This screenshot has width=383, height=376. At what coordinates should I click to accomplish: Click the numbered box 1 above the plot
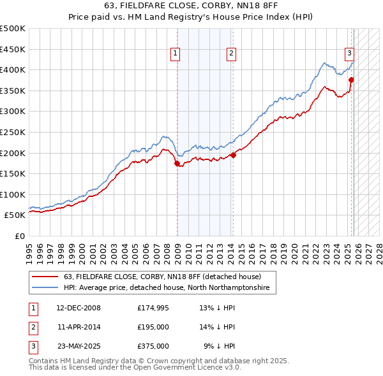pyautogui.click(x=174, y=54)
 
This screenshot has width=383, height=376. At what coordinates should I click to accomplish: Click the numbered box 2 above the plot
pyautogui.click(x=230, y=54)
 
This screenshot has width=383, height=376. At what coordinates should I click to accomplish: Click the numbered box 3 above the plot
pyautogui.click(x=350, y=54)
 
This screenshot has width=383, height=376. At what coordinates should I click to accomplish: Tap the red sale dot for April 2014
pyautogui.click(x=233, y=155)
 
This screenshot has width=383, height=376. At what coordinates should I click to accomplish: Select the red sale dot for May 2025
pyautogui.click(x=351, y=80)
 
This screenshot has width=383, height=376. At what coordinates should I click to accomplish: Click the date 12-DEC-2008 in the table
pyautogui.click(x=79, y=308)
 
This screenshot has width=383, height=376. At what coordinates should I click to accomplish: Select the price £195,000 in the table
pyautogui.click(x=153, y=327)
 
